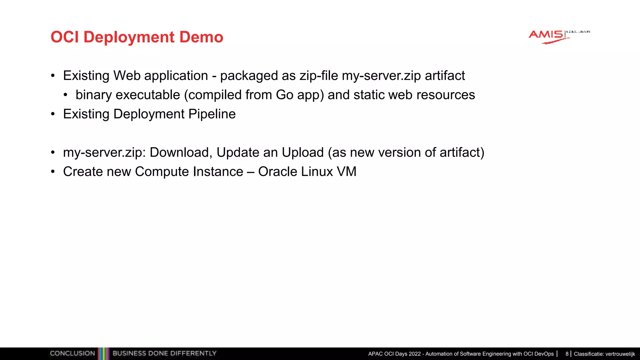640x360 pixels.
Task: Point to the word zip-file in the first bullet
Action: coord(318,76)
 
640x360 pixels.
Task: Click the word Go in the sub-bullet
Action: coord(284,95)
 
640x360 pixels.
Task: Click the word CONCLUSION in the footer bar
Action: coord(72,353)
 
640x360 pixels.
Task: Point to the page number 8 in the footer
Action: coord(567,354)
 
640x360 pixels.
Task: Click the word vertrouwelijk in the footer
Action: coord(620,354)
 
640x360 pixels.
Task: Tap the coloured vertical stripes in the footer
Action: coord(103,353)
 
